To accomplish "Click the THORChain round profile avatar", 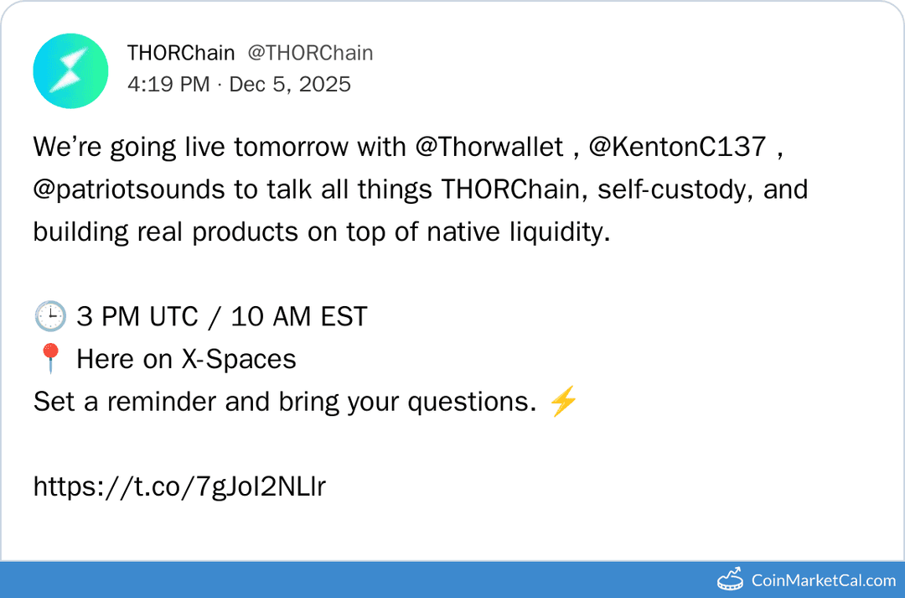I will (x=70, y=71).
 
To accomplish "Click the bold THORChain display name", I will (x=181, y=53).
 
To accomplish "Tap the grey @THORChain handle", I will (x=310, y=53).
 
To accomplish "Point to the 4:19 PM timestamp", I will (x=168, y=85).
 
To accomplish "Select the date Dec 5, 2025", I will (x=290, y=85).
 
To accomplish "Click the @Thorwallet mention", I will (x=489, y=148).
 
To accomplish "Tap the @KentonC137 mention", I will (x=677, y=148).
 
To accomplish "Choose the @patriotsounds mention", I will (x=129, y=190).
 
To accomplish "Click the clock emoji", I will (x=49, y=317).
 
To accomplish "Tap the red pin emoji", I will (x=49, y=360).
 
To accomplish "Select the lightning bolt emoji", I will (x=562, y=403).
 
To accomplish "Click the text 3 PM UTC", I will (x=137, y=317).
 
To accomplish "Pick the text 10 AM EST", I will (x=299, y=317).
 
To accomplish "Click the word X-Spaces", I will (x=239, y=360).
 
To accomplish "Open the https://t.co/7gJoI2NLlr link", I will (x=179, y=486).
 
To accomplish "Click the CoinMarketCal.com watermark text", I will (x=824, y=580).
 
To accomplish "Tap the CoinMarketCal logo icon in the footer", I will (x=731, y=579).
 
